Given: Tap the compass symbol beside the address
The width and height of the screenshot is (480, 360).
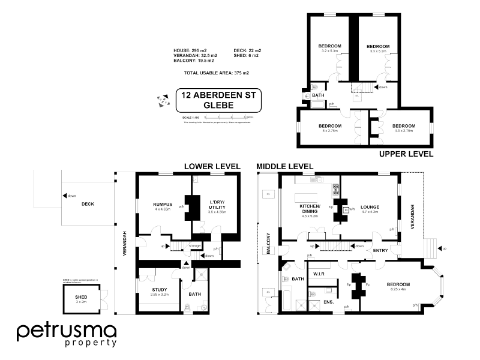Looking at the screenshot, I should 163,100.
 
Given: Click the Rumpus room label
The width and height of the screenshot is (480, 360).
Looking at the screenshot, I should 164,205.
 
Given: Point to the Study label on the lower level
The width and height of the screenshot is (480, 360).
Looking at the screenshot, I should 159,290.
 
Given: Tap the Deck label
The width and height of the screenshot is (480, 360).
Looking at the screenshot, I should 88,203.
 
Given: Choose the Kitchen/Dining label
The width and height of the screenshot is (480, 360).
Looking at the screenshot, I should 310,208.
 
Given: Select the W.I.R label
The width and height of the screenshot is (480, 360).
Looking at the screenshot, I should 319,274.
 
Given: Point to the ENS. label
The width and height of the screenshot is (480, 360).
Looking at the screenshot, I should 329,302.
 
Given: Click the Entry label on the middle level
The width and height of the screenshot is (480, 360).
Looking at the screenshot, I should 380,250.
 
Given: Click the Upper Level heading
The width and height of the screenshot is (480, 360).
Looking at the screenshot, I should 406,154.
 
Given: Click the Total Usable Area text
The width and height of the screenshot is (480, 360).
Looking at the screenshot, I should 217,73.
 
